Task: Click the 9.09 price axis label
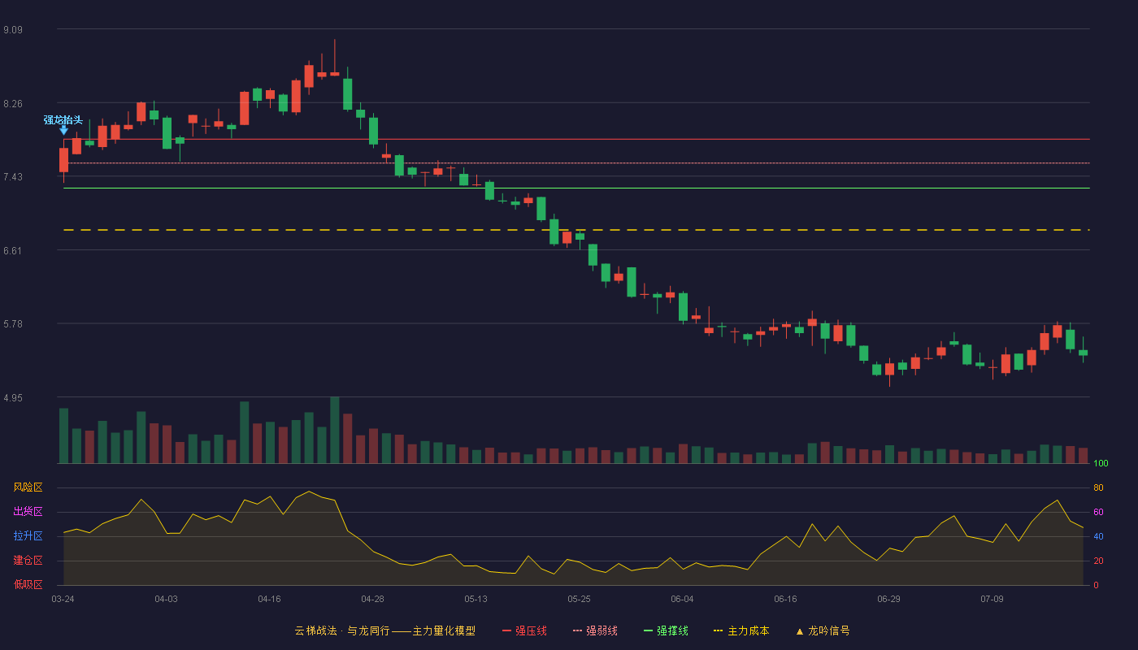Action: point(13,30)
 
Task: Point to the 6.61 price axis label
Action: point(13,251)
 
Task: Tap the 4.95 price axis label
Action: point(13,398)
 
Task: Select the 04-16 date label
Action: point(269,600)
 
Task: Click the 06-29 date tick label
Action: point(888,600)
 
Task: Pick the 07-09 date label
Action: point(992,600)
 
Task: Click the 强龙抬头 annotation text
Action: point(63,120)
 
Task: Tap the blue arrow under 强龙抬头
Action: point(63,131)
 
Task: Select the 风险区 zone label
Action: point(28,487)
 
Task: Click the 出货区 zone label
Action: point(28,511)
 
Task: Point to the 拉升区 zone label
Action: point(28,535)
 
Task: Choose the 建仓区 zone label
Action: point(28,560)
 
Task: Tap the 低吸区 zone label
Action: point(28,584)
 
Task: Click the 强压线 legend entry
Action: point(524,630)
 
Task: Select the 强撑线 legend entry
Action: point(666,630)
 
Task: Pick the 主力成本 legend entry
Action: point(741,630)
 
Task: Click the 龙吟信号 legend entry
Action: point(823,630)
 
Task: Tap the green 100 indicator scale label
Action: point(1101,463)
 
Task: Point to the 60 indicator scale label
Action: point(1098,512)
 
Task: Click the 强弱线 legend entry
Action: point(595,630)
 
